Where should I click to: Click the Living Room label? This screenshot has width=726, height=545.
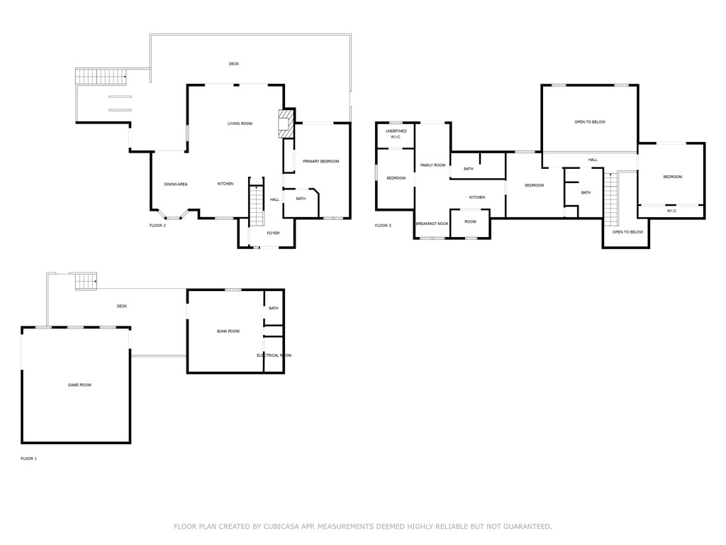240,123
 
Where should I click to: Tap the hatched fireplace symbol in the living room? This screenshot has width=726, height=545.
286,122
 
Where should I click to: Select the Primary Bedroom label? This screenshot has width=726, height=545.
320,162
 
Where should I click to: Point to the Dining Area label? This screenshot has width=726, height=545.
176,185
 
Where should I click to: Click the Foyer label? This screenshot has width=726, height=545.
273,233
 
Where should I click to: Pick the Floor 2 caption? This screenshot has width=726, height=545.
157,226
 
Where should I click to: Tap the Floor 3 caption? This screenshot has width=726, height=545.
383,226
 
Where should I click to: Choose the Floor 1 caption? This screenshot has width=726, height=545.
28,459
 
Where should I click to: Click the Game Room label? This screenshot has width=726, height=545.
79,385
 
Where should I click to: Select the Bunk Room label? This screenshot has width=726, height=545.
228,331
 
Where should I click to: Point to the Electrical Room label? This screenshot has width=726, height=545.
274,356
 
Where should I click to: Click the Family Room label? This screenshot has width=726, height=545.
432,165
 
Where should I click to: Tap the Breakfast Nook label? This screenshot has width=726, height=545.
432,224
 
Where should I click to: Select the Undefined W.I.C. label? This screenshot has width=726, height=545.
396,134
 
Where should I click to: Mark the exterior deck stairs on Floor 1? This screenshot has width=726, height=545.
86,281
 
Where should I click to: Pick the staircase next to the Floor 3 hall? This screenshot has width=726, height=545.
610,198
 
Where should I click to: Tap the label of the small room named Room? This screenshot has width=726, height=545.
470,221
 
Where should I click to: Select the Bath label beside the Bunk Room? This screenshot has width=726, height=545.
274,308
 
